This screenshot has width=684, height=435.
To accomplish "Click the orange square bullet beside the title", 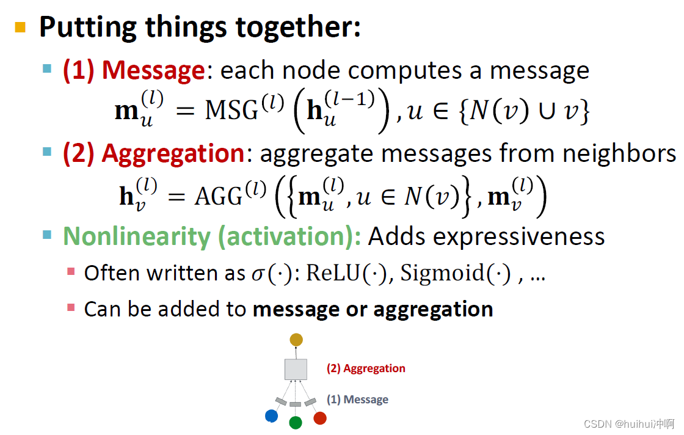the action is [20, 27].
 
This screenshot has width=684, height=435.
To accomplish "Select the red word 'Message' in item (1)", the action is [153, 70].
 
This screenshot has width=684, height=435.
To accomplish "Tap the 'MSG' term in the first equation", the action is [231, 110].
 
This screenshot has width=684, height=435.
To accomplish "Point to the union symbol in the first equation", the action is [547, 111].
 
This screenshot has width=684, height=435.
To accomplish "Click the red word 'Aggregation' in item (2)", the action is [173, 154].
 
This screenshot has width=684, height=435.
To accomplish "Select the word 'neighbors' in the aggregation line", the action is [619, 153].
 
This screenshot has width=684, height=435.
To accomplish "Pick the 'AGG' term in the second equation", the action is [218, 197].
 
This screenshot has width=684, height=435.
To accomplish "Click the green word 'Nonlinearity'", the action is [137, 237].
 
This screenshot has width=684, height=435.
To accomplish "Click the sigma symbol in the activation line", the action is [258, 274].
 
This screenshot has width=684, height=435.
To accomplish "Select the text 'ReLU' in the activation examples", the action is [333, 273].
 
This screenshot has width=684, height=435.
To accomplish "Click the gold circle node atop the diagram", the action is [296, 340].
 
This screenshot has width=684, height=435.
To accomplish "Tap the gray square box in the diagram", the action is [296, 370].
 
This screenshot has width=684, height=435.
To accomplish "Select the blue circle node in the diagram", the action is [271, 416].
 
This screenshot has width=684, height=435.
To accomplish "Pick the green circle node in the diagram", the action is [296, 422].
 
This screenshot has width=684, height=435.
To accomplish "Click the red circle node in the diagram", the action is [320, 418].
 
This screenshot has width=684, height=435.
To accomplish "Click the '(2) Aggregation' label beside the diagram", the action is [366, 368].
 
